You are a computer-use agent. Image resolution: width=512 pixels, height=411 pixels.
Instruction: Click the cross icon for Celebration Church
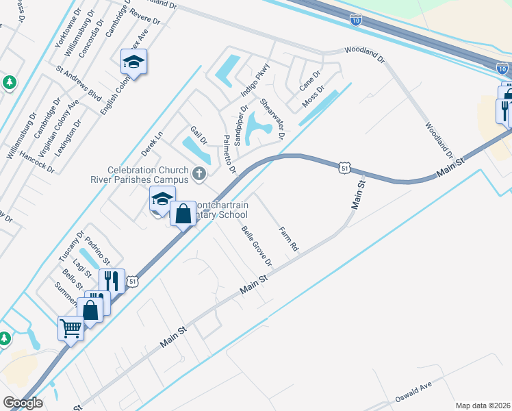pyautogui.click(x=199, y=173)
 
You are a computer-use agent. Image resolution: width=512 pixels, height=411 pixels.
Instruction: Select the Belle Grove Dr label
pyautogui.click(x=257, y=245)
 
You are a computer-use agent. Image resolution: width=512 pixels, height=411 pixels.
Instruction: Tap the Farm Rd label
pyautogui.click(x=289, y=238)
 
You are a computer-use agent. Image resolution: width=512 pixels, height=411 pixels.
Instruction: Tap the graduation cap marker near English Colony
pyautogui.click(x=134, y=63)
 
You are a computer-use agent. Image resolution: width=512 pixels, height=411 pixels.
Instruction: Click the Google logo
pyautogui.click(x=23, y=403)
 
